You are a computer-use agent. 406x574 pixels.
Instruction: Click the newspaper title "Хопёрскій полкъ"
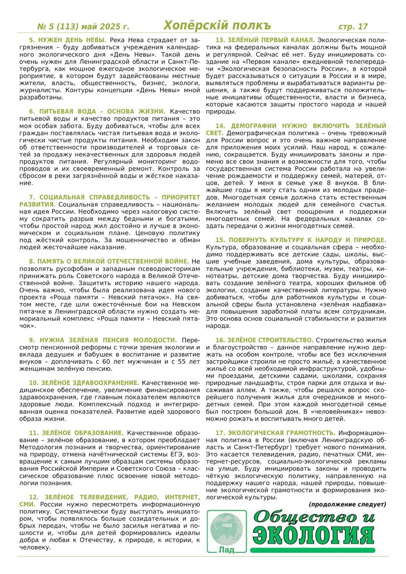[x=217, y=25]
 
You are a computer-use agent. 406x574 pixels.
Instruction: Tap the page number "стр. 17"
[x=353, y=26]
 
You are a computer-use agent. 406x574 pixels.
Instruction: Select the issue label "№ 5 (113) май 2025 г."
[x=83, y=26]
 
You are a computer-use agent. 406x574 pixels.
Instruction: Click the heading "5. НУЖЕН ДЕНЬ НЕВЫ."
[x=68, y=40]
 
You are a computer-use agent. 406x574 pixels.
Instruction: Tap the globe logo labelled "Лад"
[x=227, y=532]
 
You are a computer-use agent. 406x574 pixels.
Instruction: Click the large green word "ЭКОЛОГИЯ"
[x=313, y=535]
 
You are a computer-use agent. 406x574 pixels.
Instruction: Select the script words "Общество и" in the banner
[x=314, y=517]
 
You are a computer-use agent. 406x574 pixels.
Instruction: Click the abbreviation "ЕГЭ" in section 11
[x=174, y=454]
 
